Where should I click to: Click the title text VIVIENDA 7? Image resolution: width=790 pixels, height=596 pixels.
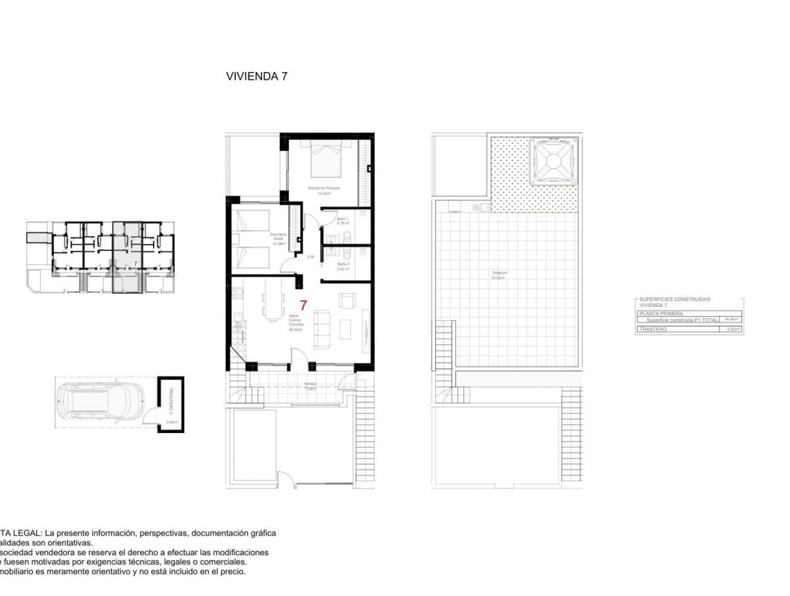256,77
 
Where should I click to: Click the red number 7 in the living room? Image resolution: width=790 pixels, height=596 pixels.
303,304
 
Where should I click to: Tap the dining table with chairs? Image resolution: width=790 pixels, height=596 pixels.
274,305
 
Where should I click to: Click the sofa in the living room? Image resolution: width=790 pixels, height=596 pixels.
322,328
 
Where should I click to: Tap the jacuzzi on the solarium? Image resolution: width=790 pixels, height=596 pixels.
552,161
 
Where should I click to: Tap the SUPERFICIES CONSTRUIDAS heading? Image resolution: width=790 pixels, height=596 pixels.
674,299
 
